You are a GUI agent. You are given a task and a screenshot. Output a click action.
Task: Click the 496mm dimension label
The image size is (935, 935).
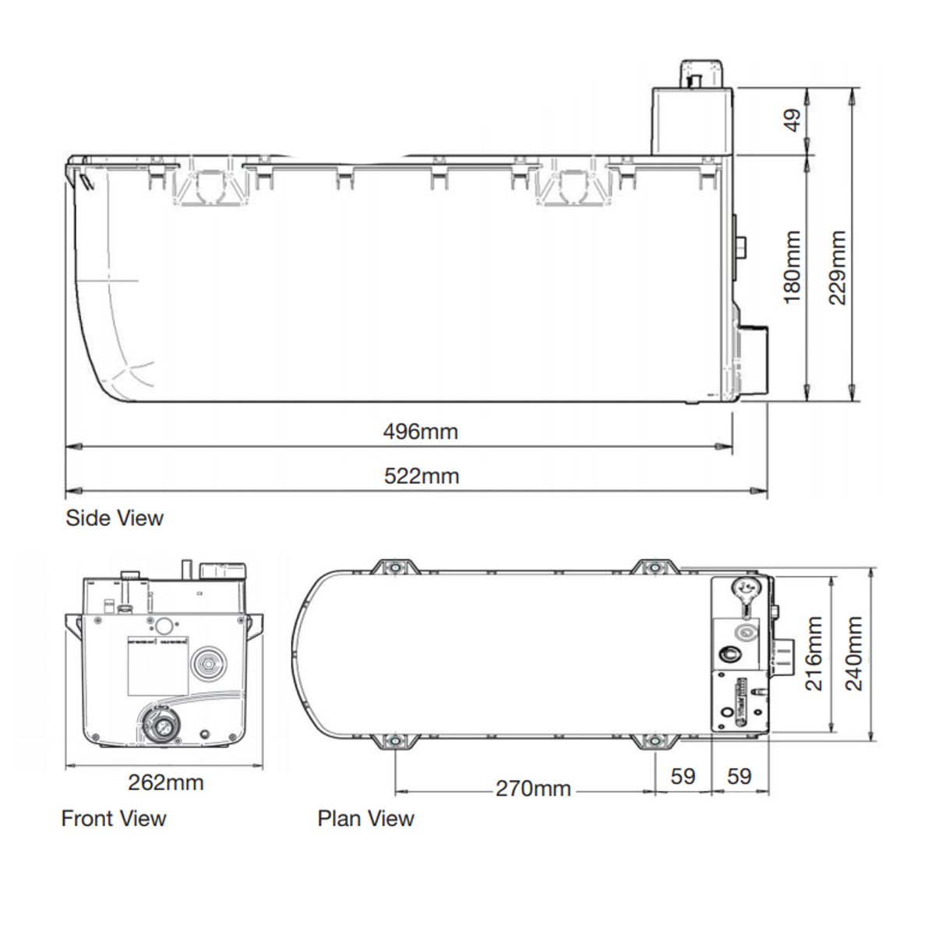pos(420,431)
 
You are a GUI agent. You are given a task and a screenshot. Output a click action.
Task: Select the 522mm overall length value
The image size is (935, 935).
pos(422,476)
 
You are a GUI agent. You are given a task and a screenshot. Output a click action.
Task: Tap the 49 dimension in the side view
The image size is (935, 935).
pos(792,120)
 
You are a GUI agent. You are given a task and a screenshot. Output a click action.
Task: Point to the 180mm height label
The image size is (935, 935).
pos(792,266)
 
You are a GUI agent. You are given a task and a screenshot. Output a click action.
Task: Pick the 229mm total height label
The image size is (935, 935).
pos(838,267)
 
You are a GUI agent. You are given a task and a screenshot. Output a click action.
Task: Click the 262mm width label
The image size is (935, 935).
pos(165,782)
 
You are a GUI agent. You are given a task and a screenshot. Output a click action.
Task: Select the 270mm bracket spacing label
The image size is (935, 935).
pos(533,789)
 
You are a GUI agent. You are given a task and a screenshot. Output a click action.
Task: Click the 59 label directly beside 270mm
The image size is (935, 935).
pos(683,776)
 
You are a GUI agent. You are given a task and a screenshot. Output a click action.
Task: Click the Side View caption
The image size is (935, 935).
pos(115,518)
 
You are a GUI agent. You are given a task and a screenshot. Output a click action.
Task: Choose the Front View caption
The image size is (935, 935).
pos(114,818)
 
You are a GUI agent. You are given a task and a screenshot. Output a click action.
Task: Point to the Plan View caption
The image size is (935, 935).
pos(365,818)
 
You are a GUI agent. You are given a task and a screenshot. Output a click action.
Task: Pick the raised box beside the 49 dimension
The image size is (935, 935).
pos(692,121)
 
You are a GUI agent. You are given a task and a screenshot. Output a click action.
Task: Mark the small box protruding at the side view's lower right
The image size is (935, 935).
pos(752,358)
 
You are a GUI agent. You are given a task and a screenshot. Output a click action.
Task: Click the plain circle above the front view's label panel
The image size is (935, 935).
pos(164,625)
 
